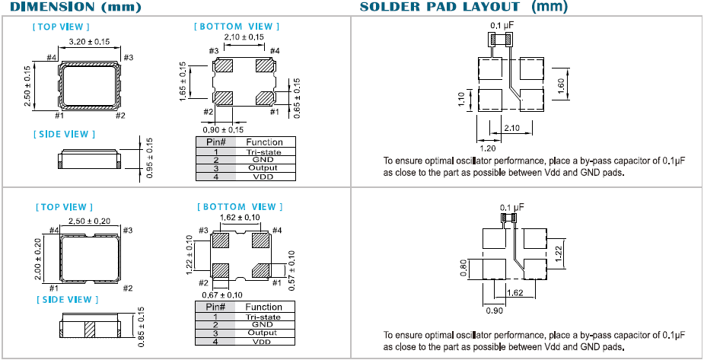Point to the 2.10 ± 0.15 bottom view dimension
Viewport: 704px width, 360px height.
click(x=244, y=37)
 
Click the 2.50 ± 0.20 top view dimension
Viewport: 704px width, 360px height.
click(x=90, y=221)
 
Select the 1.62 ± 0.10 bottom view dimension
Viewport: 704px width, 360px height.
click(x=241, y=217)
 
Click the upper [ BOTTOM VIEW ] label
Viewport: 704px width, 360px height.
click(x=237, y=26)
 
